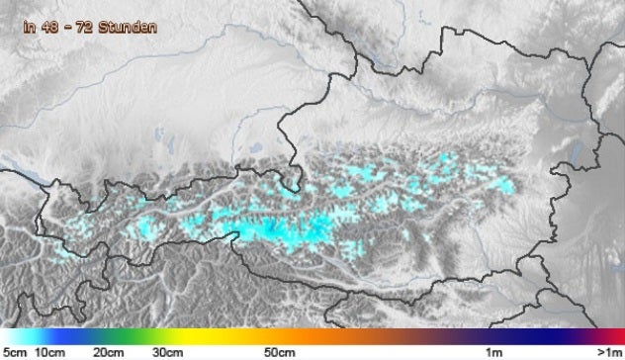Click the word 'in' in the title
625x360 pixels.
coord(29,29)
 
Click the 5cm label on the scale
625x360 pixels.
coord(13,352)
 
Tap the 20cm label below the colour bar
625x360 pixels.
coord(109,352)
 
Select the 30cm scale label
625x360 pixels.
coord(167,352)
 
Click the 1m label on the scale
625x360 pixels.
coord(491,352)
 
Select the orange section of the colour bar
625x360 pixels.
coord(297,335)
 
